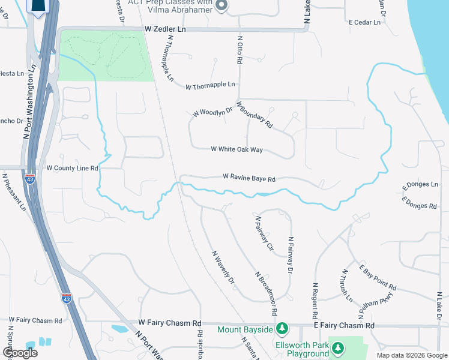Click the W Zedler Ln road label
point(166,29)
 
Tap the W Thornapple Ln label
point(210,86)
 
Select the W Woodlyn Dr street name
point(212,112)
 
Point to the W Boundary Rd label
point(255,115)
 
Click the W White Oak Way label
point(237,149)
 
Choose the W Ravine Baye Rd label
point(249,178)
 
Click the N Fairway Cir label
point(264,233)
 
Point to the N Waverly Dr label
point(222,267)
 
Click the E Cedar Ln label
point(365,22)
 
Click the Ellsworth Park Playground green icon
point(338,348)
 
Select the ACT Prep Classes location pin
point(221,6)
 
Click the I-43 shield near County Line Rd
point(31,178)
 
